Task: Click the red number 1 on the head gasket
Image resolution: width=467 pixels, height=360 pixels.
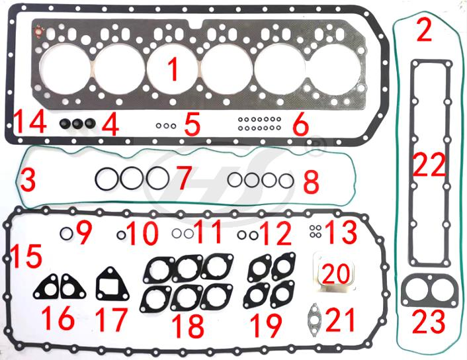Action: (x=173, y=69)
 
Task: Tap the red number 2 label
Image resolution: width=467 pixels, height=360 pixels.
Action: (x=423, y=30)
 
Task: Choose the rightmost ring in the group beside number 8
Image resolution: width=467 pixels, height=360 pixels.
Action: (x=285, y=179)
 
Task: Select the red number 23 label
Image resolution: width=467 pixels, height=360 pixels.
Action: (x=429, y=322)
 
